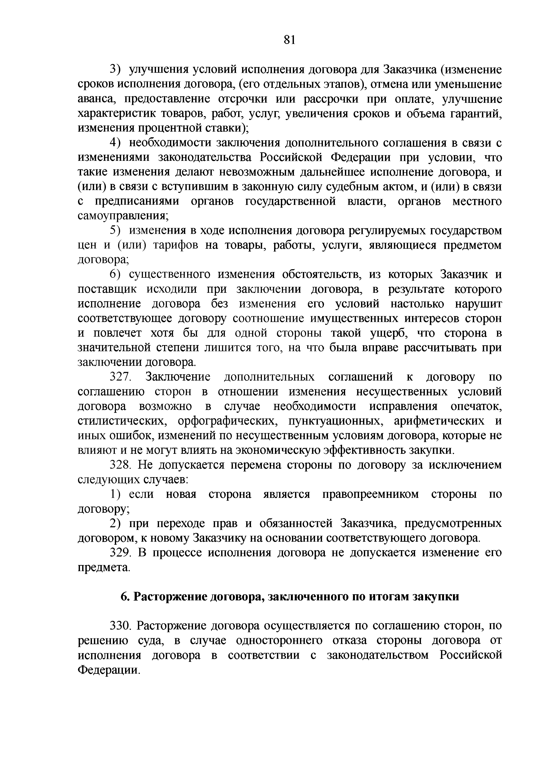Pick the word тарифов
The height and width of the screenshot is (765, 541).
(178, 245)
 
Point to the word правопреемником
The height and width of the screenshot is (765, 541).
(370, 494)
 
